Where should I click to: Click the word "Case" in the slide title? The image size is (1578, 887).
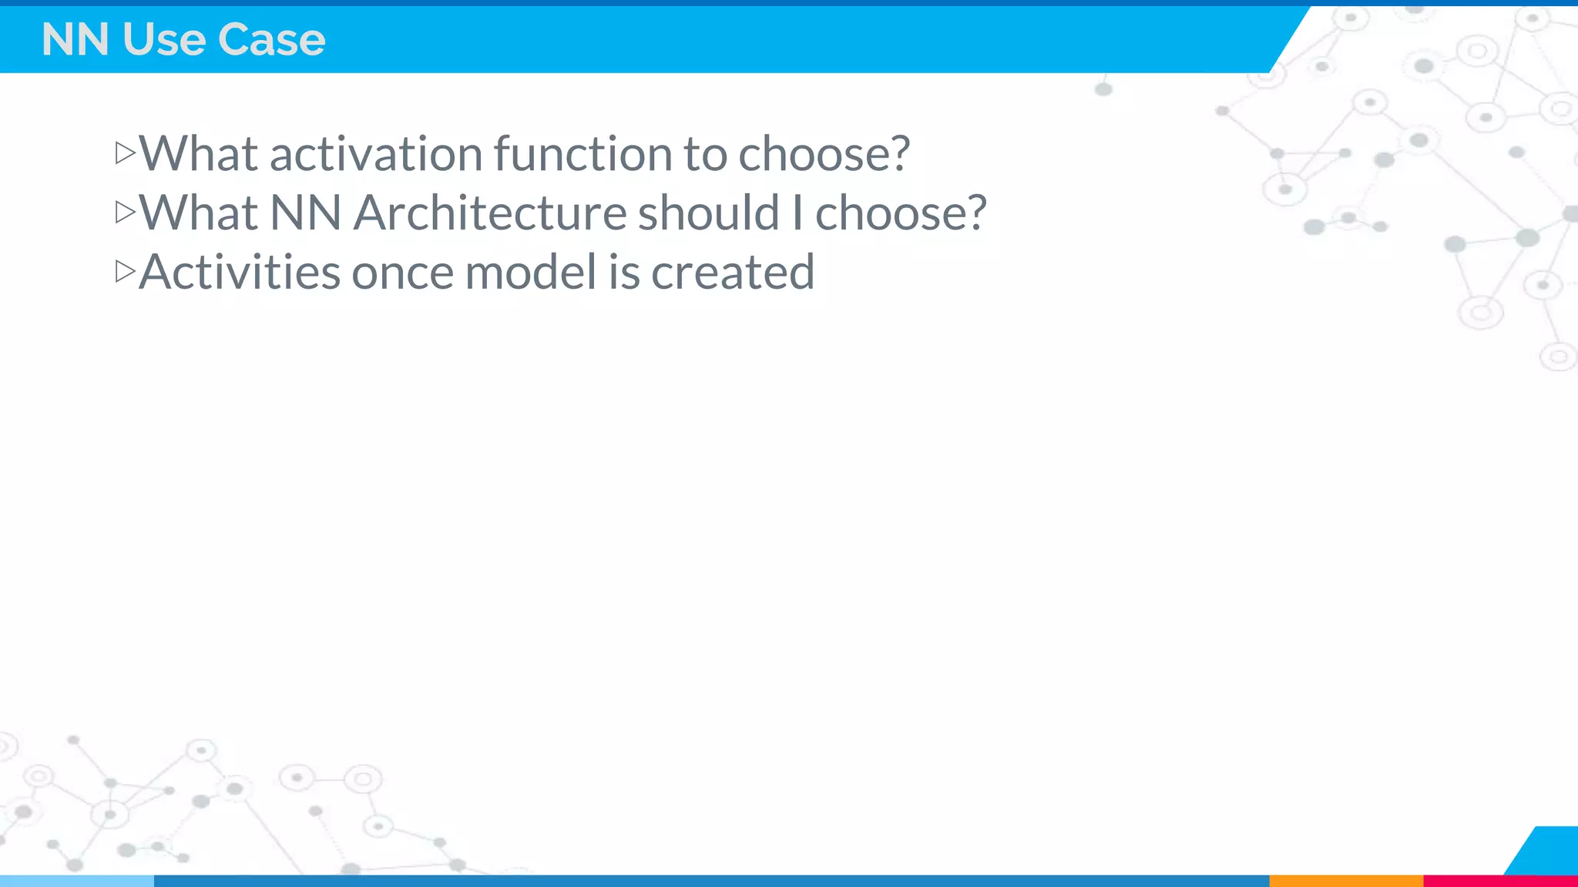pos(271,39)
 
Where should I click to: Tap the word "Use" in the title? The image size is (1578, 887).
pos(163,39)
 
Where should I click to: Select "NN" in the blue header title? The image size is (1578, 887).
pos(75,39)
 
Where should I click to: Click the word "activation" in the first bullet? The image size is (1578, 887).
pos(376,153)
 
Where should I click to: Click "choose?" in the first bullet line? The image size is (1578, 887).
pos(824,153)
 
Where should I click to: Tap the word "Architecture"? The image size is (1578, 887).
pos(490,213)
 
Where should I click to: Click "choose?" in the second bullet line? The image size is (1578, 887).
pos(900,213)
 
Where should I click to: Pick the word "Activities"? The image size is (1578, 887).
pos(240,272)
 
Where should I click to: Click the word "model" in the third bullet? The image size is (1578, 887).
pos(531,272)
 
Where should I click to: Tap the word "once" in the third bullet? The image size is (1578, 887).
pos(402,272)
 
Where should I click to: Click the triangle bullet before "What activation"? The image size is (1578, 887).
pos(125,152)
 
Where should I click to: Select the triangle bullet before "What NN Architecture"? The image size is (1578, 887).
pos(125,212)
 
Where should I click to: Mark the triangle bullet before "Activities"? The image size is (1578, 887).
pos(125,271)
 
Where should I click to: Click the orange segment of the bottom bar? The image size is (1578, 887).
pos(1345,881)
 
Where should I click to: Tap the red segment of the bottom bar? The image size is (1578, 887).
pos(1499,881)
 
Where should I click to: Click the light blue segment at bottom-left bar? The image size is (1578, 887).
pos(77,881)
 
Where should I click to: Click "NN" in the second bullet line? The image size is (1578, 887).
pos(306,213)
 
